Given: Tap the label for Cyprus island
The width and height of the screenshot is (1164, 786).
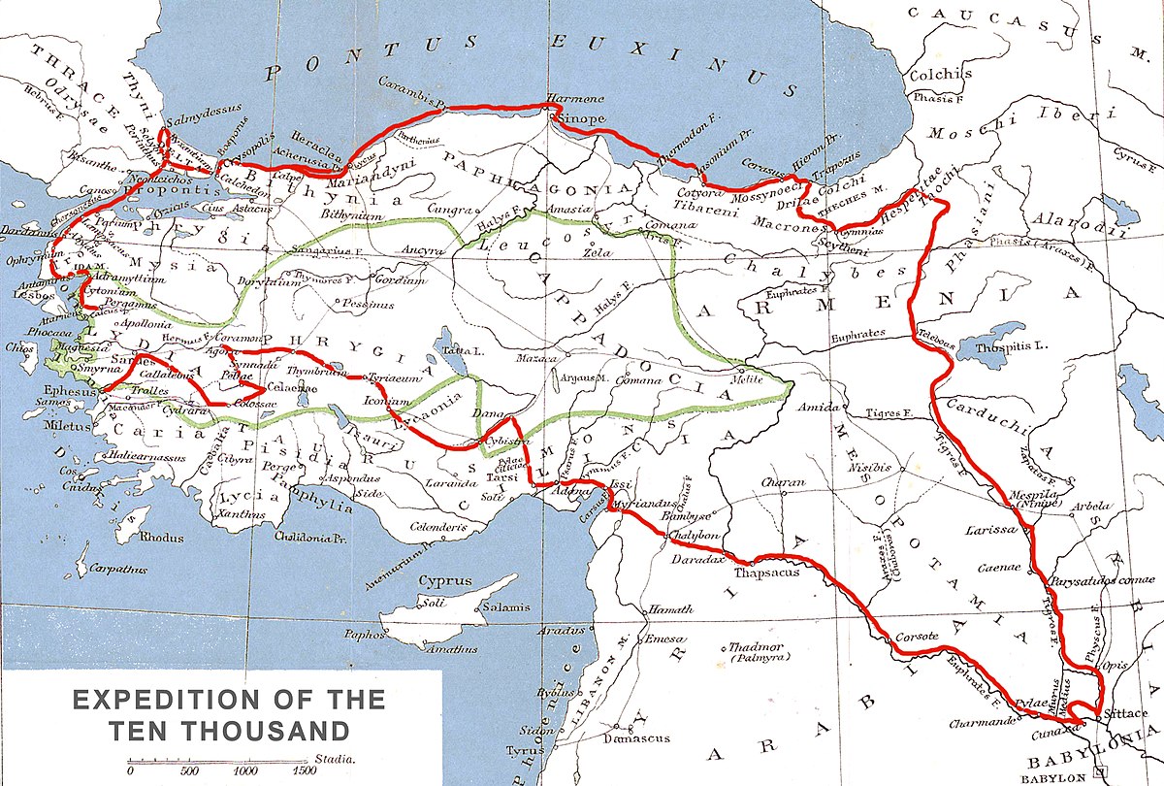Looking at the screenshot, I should click(444, 581).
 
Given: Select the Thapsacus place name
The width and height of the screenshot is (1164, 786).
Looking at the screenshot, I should click(766, 573).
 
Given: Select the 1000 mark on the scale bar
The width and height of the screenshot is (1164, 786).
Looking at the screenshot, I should click(246, 770).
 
